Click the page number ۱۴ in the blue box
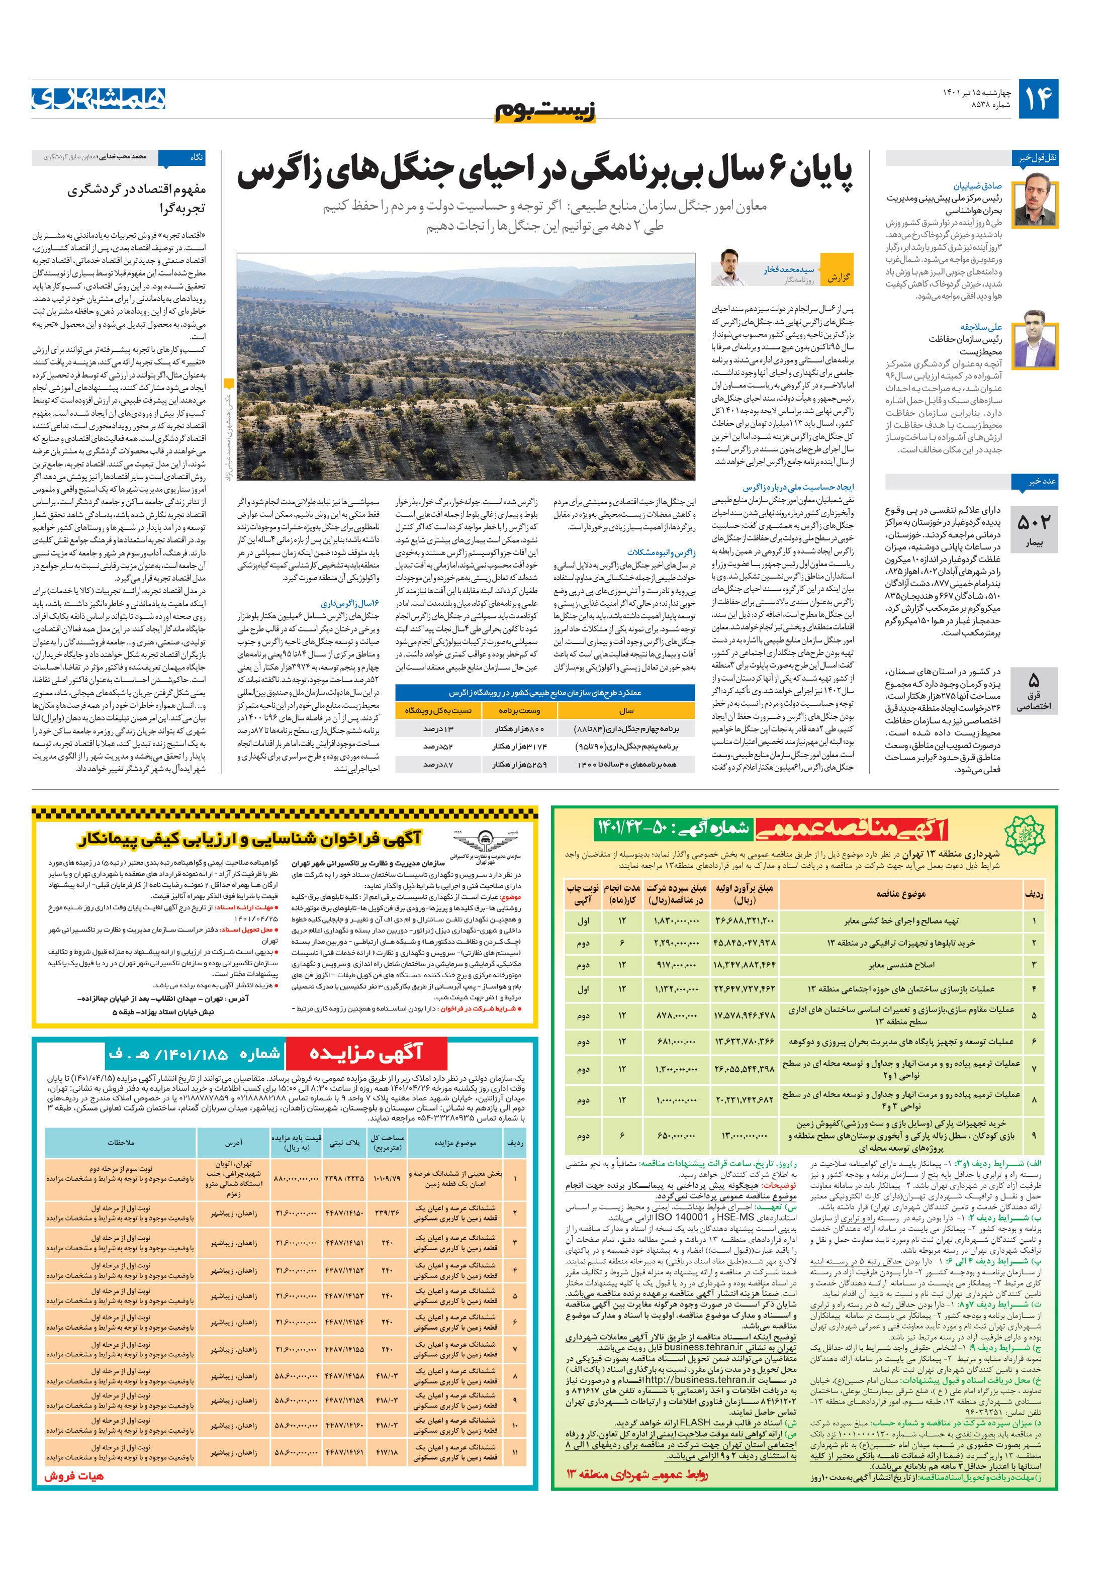[x=1038, y=99]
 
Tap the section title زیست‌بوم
[x=545, y=110]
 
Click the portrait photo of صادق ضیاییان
[x=1039, y=200]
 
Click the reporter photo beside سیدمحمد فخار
[x=729, y=268]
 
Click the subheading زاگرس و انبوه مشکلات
[x=661, y=552]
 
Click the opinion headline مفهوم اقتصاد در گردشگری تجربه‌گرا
[x=136, y=198]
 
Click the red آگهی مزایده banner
[x=365, y=1053]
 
